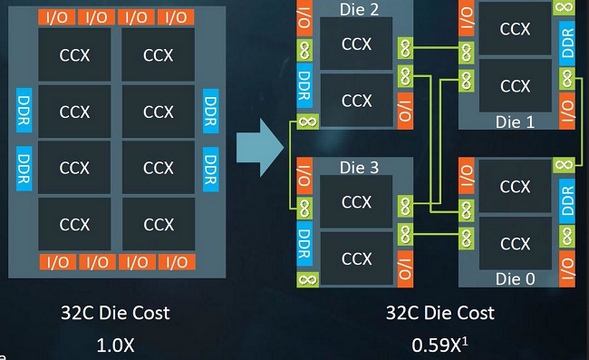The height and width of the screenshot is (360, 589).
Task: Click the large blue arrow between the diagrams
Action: pyautogui.click(x=260, y=148)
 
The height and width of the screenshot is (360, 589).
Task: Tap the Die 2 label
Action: pyautogui.click(x=359, y=9)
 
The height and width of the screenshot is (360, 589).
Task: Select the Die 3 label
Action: pyautogui.click(x=359, y=168)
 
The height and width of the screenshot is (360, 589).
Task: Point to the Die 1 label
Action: pyautogui.click(x=515, y=122)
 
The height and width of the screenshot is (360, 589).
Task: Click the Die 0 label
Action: pyautogui.click(x=515, y=279)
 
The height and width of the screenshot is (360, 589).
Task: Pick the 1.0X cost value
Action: pyautogui.click(x=115, y=345)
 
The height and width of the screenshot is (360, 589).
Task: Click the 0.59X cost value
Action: pyautogui.click(x=439, y=345)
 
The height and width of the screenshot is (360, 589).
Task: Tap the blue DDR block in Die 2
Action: pyautogui.click(x=304, y=85)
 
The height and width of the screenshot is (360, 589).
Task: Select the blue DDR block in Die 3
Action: pyautogui.click(x=304, y=244)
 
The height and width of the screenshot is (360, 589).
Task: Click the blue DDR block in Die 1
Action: pyautogui.click(x=567, y=43)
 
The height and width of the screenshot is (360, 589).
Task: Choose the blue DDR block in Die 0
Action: pyautogui.click(x=567, y=200)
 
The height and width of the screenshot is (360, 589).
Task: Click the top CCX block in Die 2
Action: pyautogui.click(x=356, y=44)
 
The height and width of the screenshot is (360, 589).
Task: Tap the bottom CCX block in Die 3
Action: pyautogui.click(x=356, y=258)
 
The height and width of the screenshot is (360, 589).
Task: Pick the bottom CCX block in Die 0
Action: pyautogui.click(x=515, y=244)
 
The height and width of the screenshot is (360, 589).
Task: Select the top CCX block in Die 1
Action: pyautogui.click(x=515, y=28)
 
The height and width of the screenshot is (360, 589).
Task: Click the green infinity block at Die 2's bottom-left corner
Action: pyautogui.click(x=308, y=122)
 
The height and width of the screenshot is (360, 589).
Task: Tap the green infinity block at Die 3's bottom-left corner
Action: pyautogui.click(x=308, y=279)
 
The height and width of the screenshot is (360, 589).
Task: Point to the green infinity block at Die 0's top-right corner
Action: pyautogui.click(x=564, y=165)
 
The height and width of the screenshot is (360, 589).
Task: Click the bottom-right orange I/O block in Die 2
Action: pyautogui.click(x=405, y=111)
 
